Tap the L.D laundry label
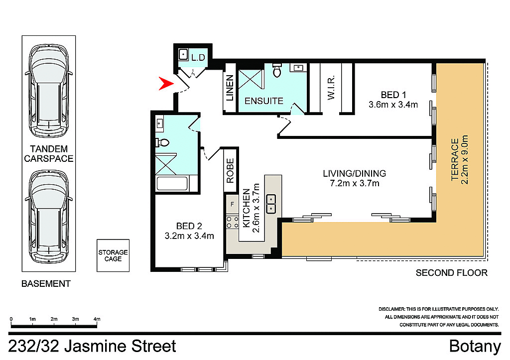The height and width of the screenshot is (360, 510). pos(198,58)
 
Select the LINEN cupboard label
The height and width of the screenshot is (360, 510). pos(230,88)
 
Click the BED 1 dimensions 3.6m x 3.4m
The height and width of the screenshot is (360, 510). pos(392,105)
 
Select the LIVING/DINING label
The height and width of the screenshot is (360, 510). pos(354,173)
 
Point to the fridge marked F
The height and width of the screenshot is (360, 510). pos(232,204)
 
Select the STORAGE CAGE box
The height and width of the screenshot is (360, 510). pos(113,255)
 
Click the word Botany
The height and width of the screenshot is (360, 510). pos(475,346)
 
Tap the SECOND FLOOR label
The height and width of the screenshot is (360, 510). pos(451,273)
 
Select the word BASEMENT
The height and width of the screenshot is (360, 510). pos(46,284)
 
